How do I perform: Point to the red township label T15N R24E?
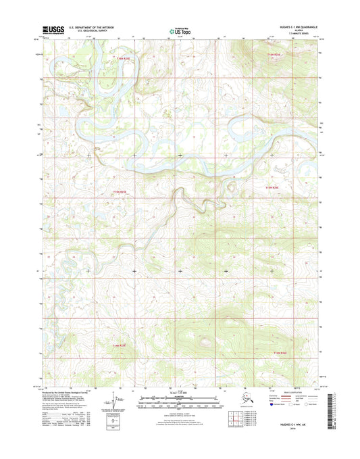pos(271,187)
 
